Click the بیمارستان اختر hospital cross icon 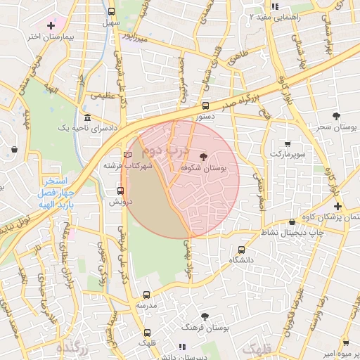tap(51, 25)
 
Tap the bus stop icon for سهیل tap(111, 11)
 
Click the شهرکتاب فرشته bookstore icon tap(127, 155)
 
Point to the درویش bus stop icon tap(121, 190)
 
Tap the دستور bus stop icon tap(205, 106)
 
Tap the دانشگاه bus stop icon tap(242, 249)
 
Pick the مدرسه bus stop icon tap(147, 296)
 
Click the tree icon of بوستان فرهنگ tap(205, 317)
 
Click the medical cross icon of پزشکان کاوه tap(338, 206)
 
